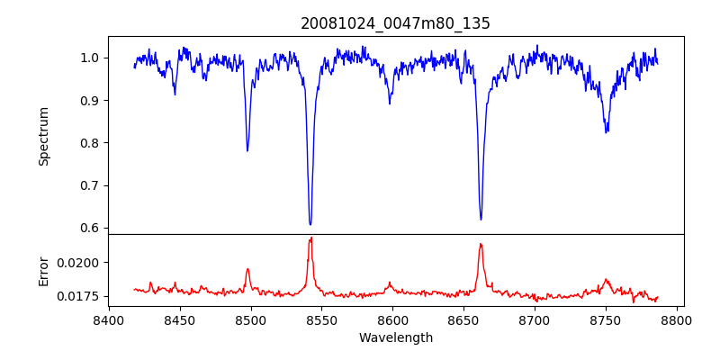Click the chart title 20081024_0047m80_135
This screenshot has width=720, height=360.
click(x=395, y=23)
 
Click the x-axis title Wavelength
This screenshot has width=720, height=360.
click(x=395, y=338)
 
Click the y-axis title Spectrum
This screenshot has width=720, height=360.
click(x=44, y=136)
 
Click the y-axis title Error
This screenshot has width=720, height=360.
click(x=44, y=270)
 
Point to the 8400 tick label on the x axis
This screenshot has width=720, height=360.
click(x=109, y=319)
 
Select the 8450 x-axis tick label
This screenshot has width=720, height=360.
click(x=180, y=319)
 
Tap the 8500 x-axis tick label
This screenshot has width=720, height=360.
click(x=251, y=319)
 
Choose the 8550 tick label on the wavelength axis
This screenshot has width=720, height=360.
click(x=322, y=319)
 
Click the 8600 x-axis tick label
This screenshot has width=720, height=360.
click(x=393, y=319)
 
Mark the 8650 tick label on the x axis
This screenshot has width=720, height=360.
click(x=464, y=319)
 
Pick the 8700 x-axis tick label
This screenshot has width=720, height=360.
click(x=535, y=319)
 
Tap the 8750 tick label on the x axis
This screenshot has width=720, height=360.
click(x=607, y=319)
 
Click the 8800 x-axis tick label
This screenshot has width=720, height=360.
click(x=678, y=319)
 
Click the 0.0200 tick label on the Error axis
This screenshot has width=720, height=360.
click(x=80, y=263)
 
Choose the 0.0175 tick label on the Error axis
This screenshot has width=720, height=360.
click(x=80, y=296)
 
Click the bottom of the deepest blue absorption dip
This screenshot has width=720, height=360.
click(x=310, y=224)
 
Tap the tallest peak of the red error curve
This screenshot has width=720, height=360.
click(x=311, y=238)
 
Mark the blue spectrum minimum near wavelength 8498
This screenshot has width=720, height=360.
click(x=247, y=150)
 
